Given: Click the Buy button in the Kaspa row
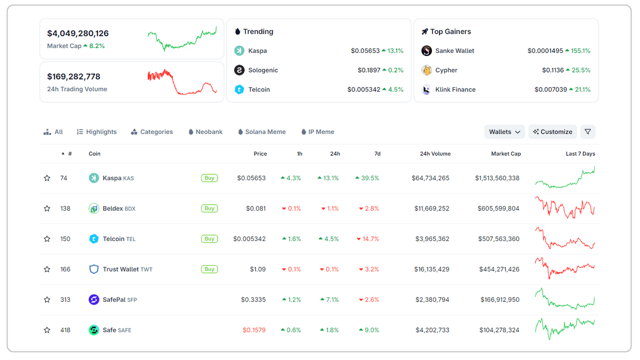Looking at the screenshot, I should (210, 178).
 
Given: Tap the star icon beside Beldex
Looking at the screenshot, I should (47, 209).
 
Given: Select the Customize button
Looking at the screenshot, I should (553, 132).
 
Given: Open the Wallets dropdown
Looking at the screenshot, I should (505, 132).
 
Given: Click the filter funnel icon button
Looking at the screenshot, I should (588, 132).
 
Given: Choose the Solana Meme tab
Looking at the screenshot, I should (262, 132).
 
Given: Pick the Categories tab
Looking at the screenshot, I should (152, 132).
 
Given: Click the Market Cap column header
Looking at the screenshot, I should (506, 154).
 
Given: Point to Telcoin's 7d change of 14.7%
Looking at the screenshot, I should (369, 239).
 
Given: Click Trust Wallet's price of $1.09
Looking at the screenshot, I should (258, 269).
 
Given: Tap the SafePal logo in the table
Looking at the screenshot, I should (94, 300).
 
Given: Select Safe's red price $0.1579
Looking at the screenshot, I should (254, 330).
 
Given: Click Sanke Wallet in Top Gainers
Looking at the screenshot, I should (454, 51).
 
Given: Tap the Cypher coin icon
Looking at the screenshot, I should (427, 70).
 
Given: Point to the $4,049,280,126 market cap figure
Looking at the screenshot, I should (78, 33).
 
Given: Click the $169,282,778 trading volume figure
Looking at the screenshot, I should (74, 76).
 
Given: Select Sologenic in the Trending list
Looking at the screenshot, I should (263, 70).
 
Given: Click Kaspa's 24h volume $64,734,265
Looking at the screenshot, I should (430, 178).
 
